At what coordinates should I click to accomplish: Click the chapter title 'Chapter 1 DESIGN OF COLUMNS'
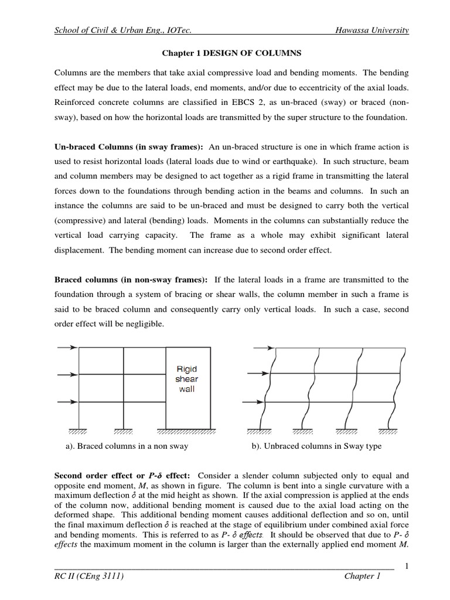click(x=231, y=53)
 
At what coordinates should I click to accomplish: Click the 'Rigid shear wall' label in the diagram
click(x=187, y=379)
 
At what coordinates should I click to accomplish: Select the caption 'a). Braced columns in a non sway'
click(x=127, y=446)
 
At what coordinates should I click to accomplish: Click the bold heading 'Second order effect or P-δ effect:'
click(x=125, y=475)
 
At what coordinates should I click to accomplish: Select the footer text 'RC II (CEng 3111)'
click(x=88, y=577)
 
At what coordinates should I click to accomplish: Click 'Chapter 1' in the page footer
click(x=362, y=577)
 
